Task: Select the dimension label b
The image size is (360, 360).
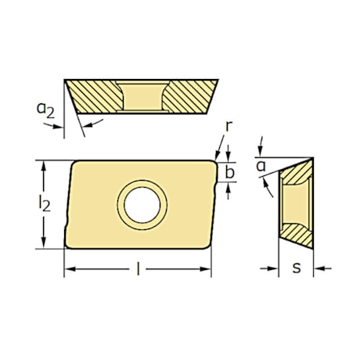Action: (229, 172)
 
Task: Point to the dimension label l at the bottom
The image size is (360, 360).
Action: (138, 269)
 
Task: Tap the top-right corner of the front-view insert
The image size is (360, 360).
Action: (215, 161)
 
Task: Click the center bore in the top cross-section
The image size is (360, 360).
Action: (142, 97)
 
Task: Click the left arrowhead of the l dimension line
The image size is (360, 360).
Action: (68, 270)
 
